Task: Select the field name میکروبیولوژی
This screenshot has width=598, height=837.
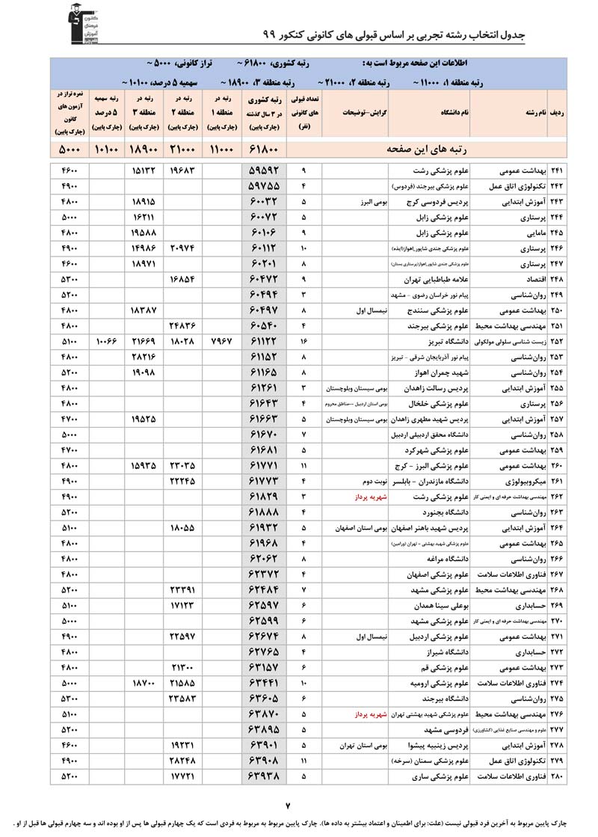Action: click(520, 481)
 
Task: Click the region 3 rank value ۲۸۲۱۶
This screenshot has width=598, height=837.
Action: click(142, 356)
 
